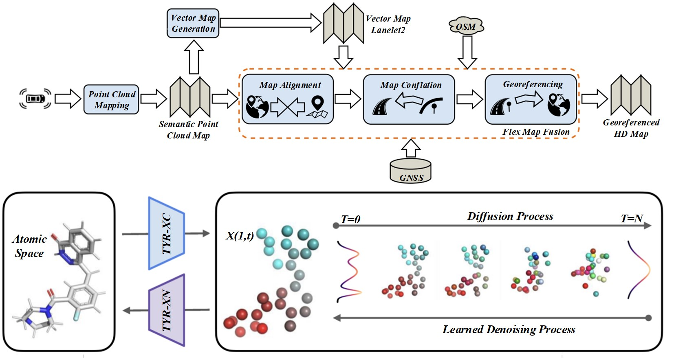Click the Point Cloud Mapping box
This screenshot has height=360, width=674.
111,99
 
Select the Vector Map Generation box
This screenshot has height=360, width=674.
193,24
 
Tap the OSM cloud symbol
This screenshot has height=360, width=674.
466,26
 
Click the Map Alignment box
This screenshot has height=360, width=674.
288,99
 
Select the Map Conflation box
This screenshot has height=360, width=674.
409,99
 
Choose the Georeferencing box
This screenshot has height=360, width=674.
531,99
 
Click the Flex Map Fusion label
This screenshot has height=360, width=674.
536,132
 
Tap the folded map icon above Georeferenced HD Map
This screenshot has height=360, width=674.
630,95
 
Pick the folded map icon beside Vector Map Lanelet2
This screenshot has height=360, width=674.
343,23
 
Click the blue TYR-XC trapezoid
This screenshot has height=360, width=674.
167,233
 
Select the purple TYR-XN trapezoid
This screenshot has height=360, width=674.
167,310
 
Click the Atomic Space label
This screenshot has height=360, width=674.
29,246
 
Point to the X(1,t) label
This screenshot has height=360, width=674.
240,235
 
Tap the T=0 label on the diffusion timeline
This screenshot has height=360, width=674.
350,220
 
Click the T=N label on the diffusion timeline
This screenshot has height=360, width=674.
632,219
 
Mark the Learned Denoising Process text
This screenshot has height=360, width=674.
509,329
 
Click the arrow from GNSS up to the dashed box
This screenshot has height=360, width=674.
411,148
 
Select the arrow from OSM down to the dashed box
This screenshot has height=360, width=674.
467,52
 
